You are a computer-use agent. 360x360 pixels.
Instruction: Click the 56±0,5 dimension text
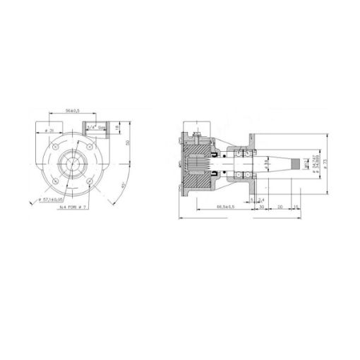point(71,111)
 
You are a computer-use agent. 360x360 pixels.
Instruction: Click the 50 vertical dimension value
point(129,143)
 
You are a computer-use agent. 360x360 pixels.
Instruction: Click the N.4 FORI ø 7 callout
point(71,208)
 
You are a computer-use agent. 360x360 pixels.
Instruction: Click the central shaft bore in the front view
point(74,167)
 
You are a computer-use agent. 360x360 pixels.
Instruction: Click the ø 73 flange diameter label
point(325,167)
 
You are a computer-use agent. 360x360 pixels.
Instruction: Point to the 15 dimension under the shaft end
point(296,207)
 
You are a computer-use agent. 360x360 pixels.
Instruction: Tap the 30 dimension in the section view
point(263,207)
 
